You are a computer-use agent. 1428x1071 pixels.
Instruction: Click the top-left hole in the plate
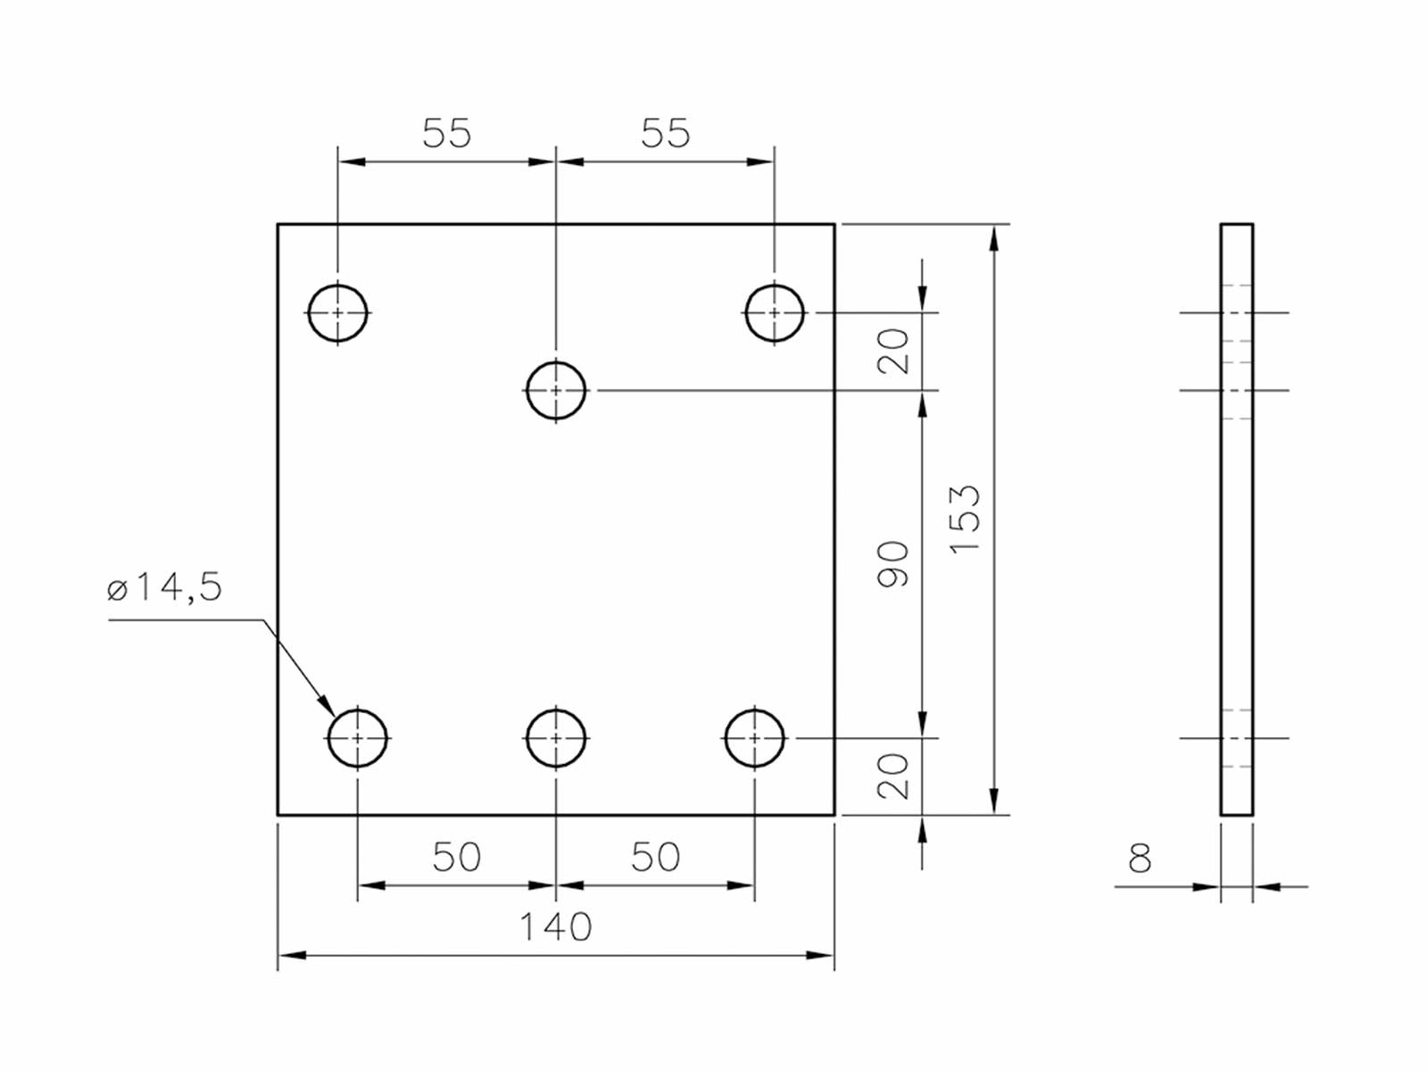(337, 312)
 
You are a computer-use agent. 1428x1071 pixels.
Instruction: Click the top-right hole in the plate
(774, 312)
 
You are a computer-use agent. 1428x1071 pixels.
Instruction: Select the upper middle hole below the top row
(556, 390)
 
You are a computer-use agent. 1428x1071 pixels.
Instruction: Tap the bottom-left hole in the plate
(358, 738)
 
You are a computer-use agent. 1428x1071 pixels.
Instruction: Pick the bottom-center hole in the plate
(556, 738)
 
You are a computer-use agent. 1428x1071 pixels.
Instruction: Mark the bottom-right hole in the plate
(754, 738)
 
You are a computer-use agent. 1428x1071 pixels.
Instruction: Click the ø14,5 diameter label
(164, 588)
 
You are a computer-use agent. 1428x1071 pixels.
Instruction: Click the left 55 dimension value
(446, 134)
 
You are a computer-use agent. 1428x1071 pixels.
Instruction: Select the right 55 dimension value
(665, 134)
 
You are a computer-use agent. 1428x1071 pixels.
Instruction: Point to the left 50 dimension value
(456, 858)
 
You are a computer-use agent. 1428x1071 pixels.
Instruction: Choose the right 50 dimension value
(655, 858)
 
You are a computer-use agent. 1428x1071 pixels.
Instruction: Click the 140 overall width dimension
(555, 927)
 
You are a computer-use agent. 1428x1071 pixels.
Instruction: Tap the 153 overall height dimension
(965, 519)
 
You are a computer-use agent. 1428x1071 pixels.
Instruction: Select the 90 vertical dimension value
(893, 564)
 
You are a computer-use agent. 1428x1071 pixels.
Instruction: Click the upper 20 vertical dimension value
(893, 351)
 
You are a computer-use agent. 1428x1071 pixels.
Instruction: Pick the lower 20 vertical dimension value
(893, 776)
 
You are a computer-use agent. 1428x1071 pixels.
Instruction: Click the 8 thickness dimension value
(1140, 859)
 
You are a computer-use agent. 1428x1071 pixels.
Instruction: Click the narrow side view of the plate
(1236, 535)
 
